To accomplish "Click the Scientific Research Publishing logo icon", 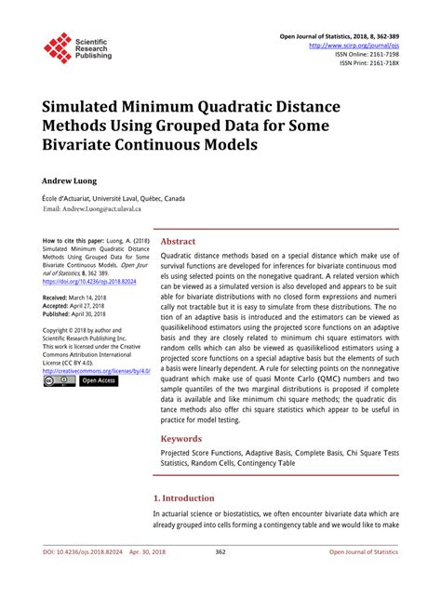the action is [59, 47].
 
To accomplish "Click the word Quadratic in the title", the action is [237, 107].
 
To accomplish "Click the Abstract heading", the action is [178, 240].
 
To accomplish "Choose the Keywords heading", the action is [181, 438].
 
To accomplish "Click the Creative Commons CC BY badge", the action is [58, 380].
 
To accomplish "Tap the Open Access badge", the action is [98, 380].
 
